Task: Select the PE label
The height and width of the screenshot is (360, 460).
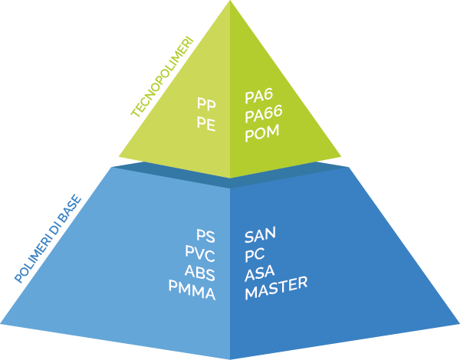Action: click(x=205, y=123)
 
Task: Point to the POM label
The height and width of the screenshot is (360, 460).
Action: click(x=262, y=133)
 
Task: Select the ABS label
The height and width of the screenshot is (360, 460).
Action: click(x=199, y=273)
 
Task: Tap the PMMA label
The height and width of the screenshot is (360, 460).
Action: click(x=192, y=291)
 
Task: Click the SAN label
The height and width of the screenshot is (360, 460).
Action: click(x=261, y=234)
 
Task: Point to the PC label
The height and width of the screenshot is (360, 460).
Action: click(x=255, y=254)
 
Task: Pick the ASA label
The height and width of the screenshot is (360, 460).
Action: click(x=260, y=273)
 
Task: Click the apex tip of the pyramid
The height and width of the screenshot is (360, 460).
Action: click(x=230, y=3)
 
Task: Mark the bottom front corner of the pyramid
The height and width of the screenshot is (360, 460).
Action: click(x=230, y=357)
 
